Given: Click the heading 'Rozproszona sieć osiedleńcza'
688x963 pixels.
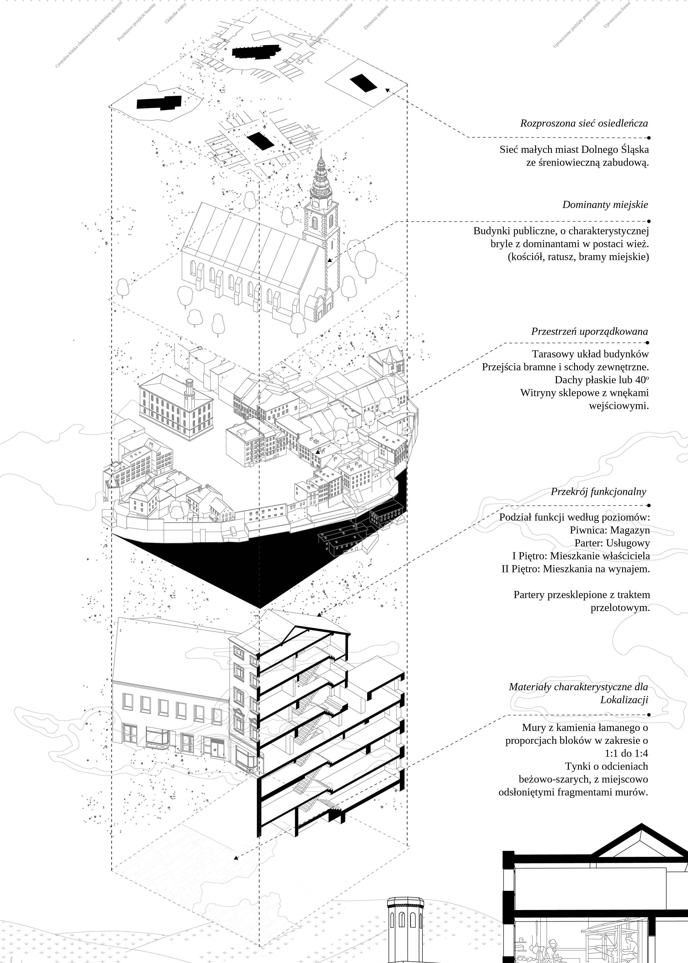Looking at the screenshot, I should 584,124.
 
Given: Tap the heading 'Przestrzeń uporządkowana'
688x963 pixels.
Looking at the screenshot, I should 589,331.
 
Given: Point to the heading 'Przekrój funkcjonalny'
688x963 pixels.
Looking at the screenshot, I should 598,492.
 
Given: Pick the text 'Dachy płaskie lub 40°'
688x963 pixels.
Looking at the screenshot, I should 602,380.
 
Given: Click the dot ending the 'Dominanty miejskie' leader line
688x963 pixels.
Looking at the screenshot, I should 649,221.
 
